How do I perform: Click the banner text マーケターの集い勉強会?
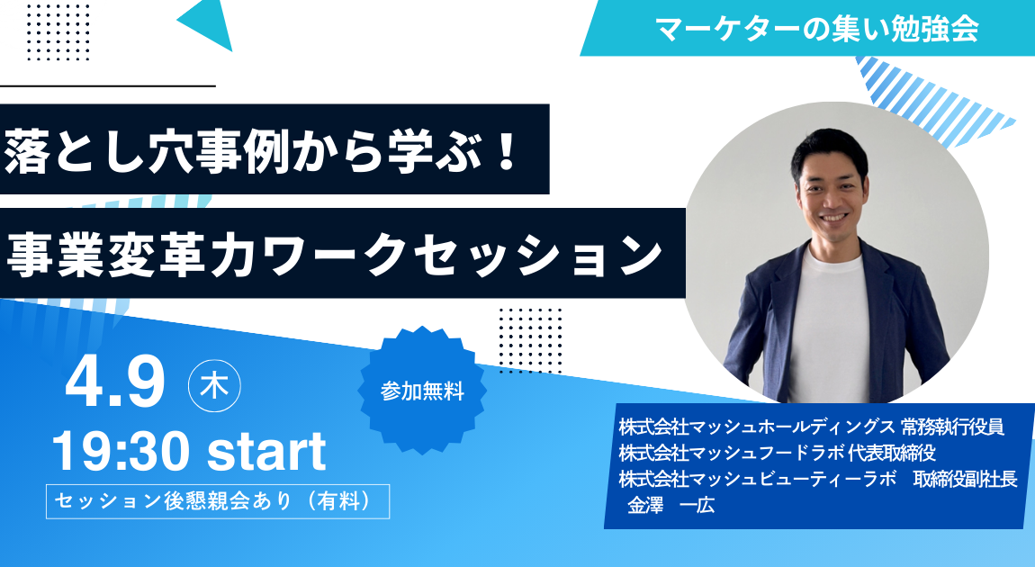(816, 29)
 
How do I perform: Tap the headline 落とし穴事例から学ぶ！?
(262, 151)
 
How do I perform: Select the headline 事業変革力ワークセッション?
(334, 254)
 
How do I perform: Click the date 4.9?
(115, 382)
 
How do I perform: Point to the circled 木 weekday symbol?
(214, 385)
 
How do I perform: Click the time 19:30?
(120, 452)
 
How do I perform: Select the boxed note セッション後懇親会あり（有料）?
(218, 501)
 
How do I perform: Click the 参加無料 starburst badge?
(422, 391)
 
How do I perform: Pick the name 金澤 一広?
(670, 507)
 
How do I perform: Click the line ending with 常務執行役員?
(811, 427)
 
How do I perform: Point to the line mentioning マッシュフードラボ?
(777, 454)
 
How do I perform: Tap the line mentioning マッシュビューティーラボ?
(818, 480)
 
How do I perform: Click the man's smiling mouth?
(833, 217)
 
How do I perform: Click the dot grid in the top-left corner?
(58, 31)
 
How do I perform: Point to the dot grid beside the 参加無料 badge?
(530, 340)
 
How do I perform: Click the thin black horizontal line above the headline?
(108, 85)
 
